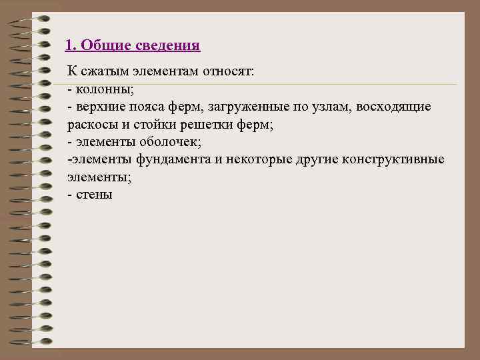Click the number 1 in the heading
point(69,46)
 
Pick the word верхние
point(101,107)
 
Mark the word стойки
point(155,125)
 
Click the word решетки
point(211,125)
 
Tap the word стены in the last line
point(94,195)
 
